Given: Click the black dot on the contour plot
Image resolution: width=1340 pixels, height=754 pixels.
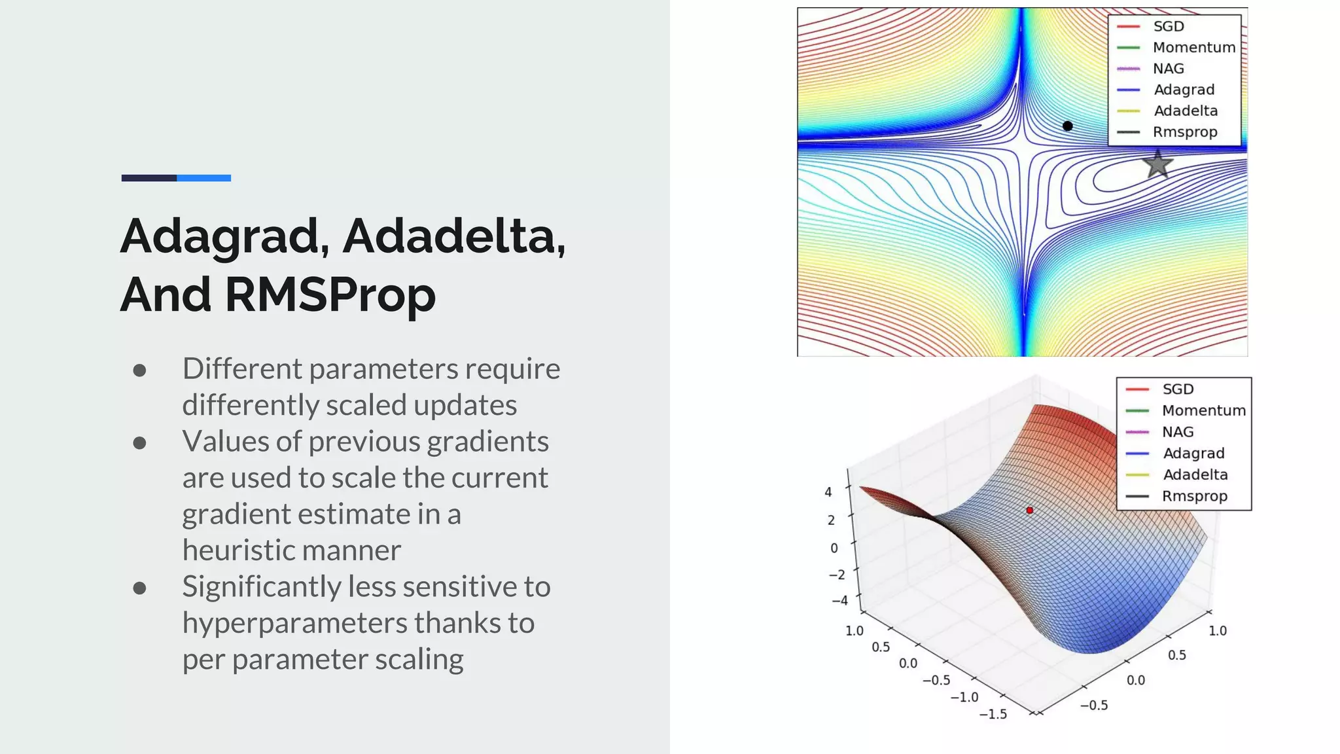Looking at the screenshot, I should click(x=1067, y=126).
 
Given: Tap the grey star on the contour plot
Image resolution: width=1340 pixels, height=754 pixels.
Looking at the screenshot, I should click(x=1157, y=164).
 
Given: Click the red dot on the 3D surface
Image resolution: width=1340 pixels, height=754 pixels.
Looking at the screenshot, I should click(x=1029, y=510).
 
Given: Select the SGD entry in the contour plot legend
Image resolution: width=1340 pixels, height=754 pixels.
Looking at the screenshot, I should click(x=1168, y=26).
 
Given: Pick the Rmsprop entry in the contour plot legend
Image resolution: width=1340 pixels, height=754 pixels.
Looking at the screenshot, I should click(x=1184, y=132).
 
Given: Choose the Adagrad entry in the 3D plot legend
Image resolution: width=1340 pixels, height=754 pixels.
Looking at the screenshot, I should click(x=1193, y=453).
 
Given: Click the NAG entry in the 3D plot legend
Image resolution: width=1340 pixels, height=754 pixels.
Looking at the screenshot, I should click(x=1178, y=432).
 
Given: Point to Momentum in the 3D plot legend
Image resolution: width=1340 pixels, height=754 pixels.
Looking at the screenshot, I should click(x=1203, y=410).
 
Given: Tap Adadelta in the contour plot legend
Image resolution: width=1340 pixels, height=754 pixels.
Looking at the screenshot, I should click(x=1185, y=111).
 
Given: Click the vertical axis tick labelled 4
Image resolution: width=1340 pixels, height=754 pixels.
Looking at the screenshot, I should click(x=828, y=492).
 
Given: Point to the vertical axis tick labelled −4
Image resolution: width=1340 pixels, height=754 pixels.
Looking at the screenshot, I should click(x=839, y=600).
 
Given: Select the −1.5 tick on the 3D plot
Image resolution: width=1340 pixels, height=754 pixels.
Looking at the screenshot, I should click(x=993, y=714).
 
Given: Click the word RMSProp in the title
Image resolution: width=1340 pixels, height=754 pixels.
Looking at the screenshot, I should click(x=330, y=295).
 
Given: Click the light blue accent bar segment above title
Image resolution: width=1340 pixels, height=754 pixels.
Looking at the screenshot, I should click(x=203, y=178).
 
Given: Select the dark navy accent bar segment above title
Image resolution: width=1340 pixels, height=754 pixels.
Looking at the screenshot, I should click(x=149, y=178).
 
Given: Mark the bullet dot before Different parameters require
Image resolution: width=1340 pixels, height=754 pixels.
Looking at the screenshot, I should click(x=139, y=370).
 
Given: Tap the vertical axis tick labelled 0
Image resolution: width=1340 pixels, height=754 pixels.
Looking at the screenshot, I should click(x=834, y=548).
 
